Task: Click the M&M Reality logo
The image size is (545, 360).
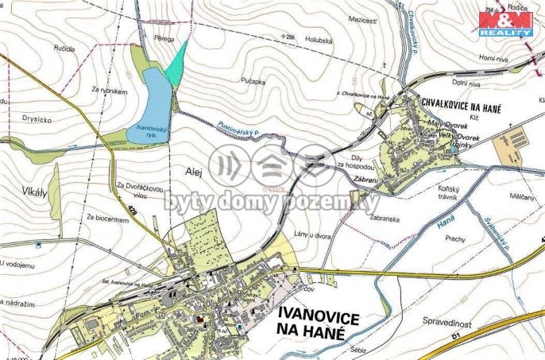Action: (x=504, y=23)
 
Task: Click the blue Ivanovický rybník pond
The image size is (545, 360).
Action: (x=152, y=111)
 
